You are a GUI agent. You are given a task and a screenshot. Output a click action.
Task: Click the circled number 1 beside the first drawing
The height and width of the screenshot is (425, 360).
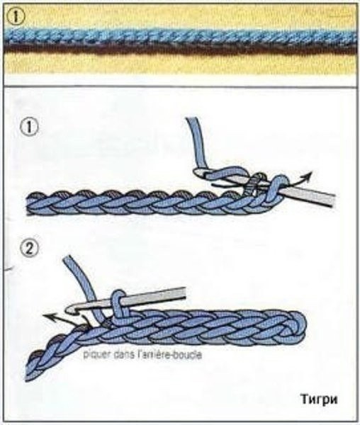tap(29, 128)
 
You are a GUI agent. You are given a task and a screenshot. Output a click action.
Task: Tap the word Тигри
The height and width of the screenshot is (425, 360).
tap(319, 399)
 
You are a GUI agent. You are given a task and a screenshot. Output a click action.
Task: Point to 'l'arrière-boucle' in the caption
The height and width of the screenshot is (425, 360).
tap(169, 355)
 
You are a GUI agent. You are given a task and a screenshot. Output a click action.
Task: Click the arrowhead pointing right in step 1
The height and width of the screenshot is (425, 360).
tap(308, 176)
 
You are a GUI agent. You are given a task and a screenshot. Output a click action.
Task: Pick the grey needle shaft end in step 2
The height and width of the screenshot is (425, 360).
tap(184, 292)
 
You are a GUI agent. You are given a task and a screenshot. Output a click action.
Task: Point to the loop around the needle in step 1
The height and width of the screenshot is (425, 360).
tap(276, 190)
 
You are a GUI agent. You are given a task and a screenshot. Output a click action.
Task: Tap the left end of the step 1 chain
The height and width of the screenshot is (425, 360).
tap(28, 203)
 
